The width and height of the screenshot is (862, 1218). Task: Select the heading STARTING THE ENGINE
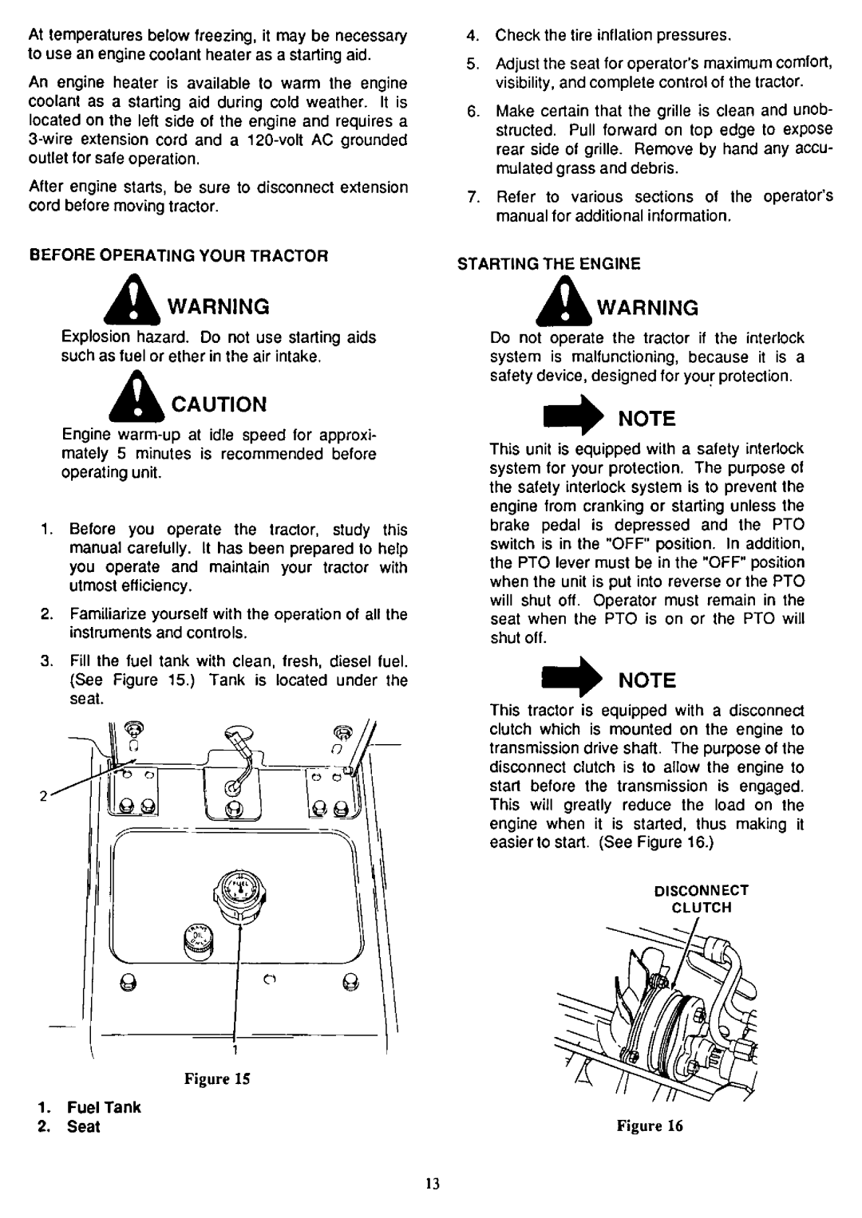(x=549, y=263)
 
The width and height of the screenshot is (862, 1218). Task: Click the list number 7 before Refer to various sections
(x=472, y=197)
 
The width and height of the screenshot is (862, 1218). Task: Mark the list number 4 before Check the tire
(x=472, y=36)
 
